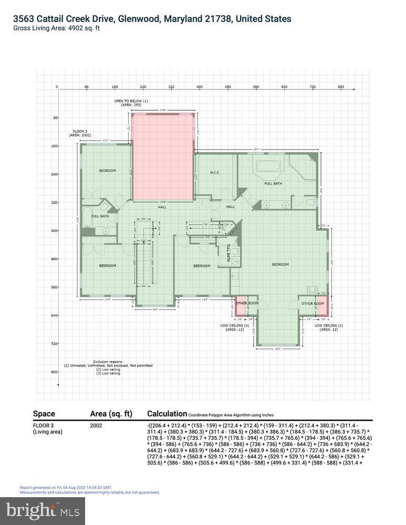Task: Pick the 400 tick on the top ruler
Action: [200, 87]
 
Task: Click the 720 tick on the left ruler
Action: [55, 344]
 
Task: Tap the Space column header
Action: [44, 414]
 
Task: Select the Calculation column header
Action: [167, 414]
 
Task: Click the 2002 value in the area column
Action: [96, 425]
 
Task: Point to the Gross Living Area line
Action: [56, 28]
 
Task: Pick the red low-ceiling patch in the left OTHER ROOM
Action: [233, 307]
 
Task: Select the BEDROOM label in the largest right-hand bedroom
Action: [280, 265]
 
